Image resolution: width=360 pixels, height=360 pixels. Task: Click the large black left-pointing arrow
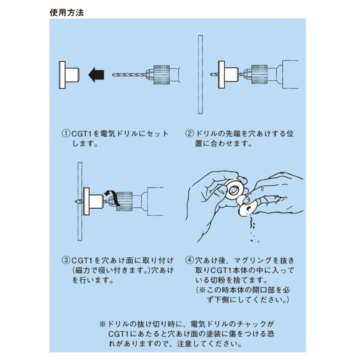(96, 75)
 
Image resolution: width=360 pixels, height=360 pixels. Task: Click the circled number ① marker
(65, 133)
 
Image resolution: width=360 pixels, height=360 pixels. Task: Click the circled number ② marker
(189, 133)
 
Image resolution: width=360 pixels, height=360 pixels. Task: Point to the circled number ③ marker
(65, 260)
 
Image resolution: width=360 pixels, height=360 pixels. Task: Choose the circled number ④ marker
(189, 260)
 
